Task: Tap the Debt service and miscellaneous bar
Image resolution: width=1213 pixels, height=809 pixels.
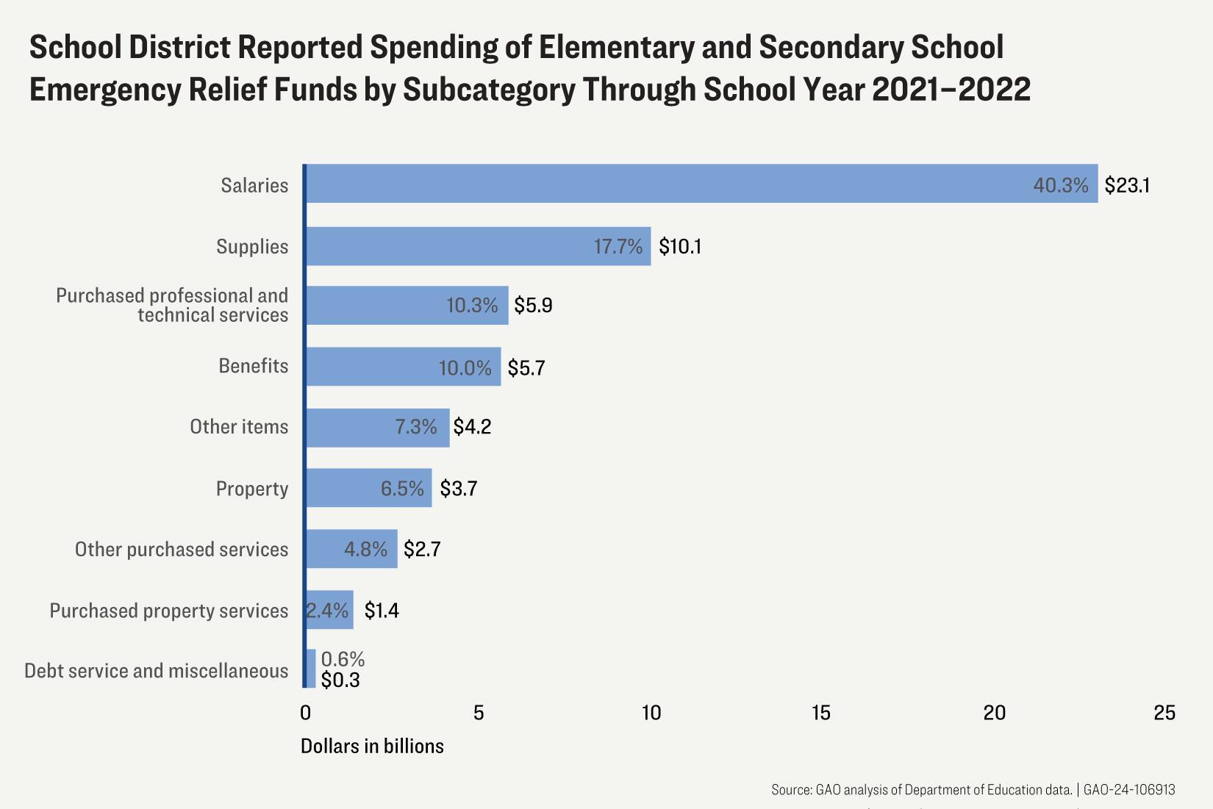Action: [x=311, y=669]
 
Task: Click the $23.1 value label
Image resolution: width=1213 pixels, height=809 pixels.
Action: [x=1127, y=185]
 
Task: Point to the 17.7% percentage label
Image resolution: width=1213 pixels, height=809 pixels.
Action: [x=618, y=246]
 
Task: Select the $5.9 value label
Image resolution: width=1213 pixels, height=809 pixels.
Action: [x=533, y=306]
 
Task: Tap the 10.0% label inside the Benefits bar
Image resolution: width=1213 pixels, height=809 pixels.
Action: [x=465, y=367]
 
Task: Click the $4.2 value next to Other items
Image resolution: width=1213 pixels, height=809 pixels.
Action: [x=472, y=427]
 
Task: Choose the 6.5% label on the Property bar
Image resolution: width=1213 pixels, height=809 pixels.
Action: [x=402, y=489]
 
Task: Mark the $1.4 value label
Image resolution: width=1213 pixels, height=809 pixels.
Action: [x=382, y=611]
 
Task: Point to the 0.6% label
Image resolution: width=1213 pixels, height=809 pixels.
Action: [x=343, y=659]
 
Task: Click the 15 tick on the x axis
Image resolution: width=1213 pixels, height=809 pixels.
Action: [x=821, y=713]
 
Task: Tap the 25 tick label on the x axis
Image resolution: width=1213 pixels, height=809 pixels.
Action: [x=1164, y=713]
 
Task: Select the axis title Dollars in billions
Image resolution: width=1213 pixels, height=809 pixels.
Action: [x=372, y=747]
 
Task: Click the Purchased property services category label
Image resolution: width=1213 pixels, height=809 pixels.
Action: [x=169, y=611]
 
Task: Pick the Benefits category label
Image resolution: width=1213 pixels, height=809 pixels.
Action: [x=253, y=366]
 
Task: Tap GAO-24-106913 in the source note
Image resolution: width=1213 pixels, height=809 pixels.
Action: [x=1129, y=790]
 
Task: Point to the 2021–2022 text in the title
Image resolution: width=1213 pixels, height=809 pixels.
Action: [x=951, y=90]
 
